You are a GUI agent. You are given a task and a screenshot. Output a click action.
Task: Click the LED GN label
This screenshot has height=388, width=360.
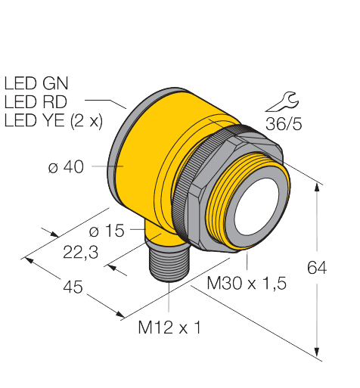[x=37, y=81]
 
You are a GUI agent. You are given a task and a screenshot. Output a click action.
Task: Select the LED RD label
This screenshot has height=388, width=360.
[x=37, y=101]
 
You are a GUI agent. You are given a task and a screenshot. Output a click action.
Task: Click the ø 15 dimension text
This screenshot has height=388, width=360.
[x=106, y=230]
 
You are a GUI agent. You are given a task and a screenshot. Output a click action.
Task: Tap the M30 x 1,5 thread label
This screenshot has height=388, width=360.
[x=247, y=284]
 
